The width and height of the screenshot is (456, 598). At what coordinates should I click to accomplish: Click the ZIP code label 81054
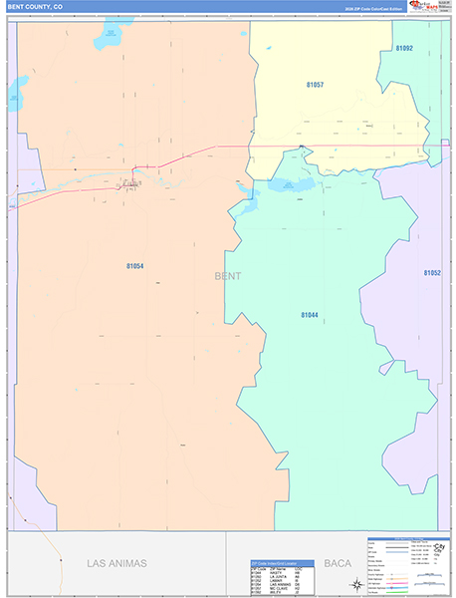pos(135,266)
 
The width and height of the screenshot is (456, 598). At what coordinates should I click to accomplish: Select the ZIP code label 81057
pos(315,85)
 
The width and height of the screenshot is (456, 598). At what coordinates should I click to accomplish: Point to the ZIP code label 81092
pos(403,48)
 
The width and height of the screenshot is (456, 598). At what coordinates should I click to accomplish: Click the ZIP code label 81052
pos(432,272)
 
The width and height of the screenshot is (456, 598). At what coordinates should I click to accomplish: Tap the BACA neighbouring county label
pos(338,563)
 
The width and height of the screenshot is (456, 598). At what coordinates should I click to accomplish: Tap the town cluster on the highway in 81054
pos(128,183)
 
